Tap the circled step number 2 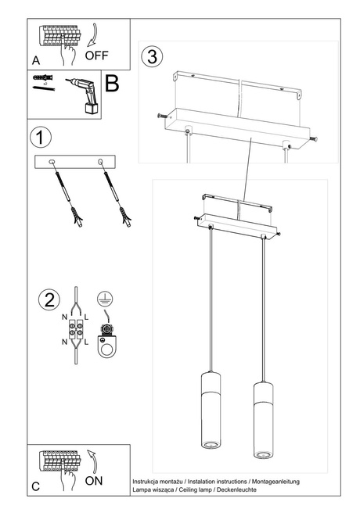pos(49,299)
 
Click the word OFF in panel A pos(97,56)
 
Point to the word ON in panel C pos(93,482)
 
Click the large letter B pos(112,84)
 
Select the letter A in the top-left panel pos(36,60)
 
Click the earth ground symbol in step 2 pos(103,297)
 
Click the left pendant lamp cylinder pos(211,414)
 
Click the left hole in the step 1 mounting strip pos(52,162)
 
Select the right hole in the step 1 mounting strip pos(100,162)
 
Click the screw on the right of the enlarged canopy pos(315,140)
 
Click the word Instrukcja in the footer pos(147,480)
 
